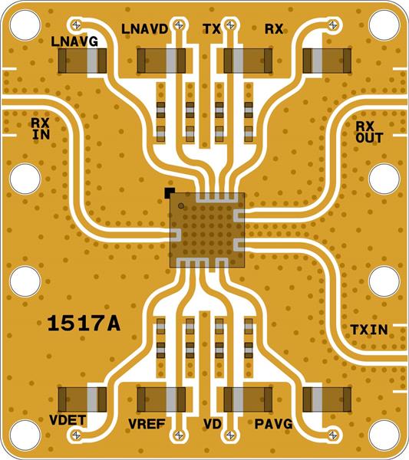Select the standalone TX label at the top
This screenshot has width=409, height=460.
pyautogui.click(x=212, y=29)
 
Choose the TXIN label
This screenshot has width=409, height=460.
pyautogui.click(x=368, y=329)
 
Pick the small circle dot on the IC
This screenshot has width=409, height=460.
pyautogui.click(x=180, y=205)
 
